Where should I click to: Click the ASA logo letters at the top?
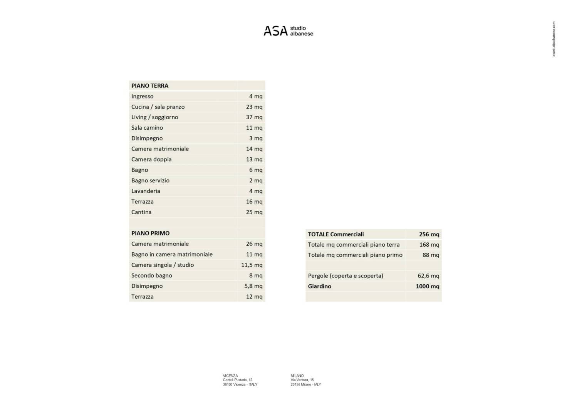point(275,31)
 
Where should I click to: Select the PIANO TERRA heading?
point(150,86)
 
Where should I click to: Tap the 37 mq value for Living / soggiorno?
point(254,117)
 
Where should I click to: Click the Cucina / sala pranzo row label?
point(158,107)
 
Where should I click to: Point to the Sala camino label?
point(147,128)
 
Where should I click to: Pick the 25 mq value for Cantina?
point(254,212)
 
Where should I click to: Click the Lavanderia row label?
point(146,191)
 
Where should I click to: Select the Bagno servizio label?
point(150,180)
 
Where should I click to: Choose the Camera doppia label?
point(151,159)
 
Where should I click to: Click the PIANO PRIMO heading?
point(151,233)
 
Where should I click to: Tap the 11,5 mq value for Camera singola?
point(252,265)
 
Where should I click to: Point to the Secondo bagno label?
point(152,275)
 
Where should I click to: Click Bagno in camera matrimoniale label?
point(172,254)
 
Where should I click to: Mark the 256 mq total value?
point(429,234)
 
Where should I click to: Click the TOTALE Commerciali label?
point(336,234)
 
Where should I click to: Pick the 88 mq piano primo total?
point(431,255)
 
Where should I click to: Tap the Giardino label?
point(320,286)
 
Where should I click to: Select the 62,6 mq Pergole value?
point(428,276)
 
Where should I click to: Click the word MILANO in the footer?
point(297,376)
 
